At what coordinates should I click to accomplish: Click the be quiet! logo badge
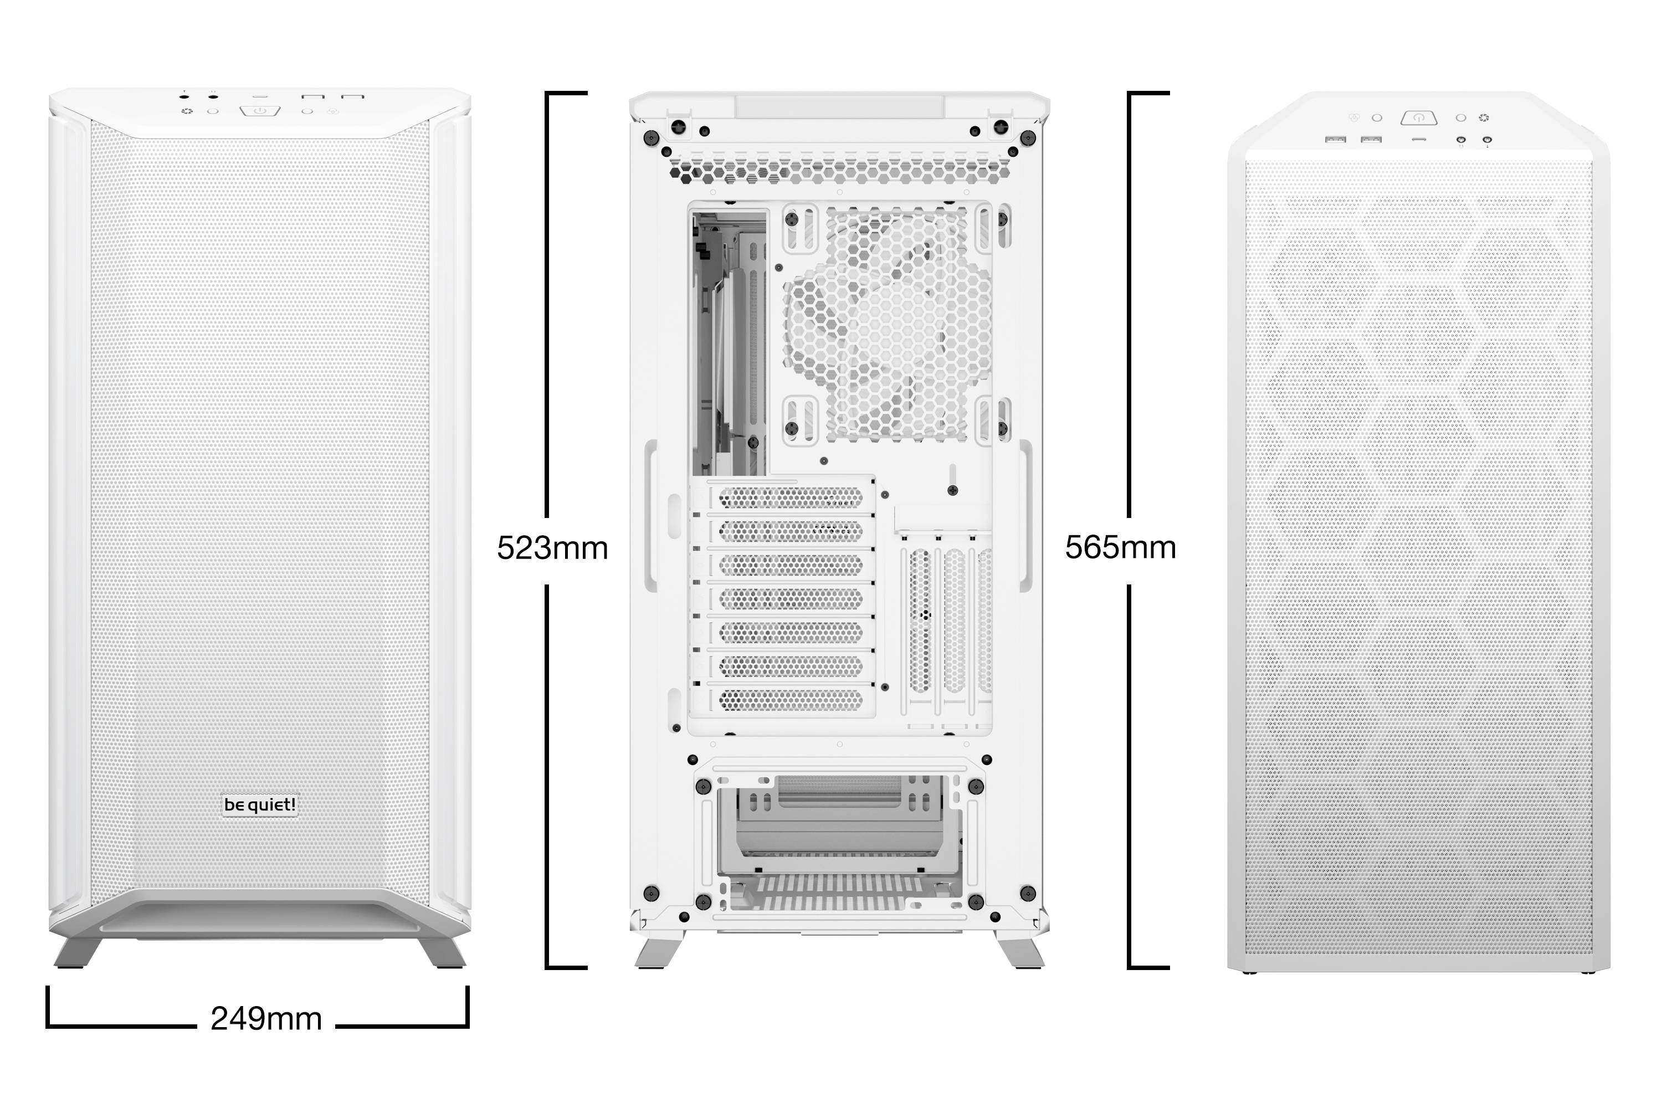(260, 805)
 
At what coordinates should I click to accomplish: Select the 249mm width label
(266, 1018)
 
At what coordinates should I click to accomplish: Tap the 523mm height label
(552, 548)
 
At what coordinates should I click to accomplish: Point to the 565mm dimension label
(1120, 548)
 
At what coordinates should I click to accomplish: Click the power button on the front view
(260, 111)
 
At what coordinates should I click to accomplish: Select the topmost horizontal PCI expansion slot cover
(790, 498)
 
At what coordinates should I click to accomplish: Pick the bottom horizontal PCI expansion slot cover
(790, 700)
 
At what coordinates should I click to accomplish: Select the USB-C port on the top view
(1418, 140)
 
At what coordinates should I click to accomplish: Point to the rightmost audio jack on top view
(1487, 141)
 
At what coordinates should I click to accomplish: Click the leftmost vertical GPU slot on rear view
(920, 622)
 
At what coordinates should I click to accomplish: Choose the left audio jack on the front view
(184, 97)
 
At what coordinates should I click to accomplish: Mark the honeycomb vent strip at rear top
(839, 170)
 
